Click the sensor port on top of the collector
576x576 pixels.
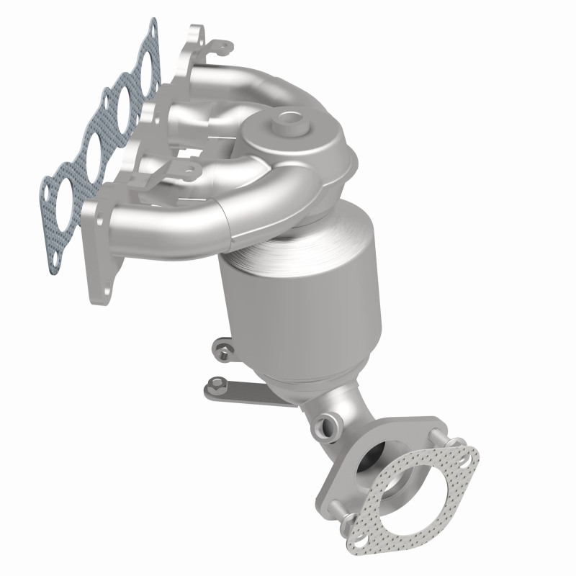tap(293, 120)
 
